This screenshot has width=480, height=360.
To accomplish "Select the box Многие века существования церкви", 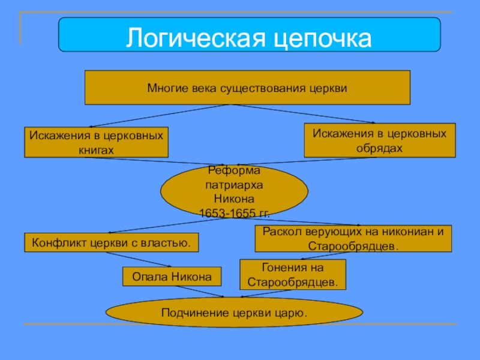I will click(247, 88).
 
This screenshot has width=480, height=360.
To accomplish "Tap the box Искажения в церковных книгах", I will click(96, 142).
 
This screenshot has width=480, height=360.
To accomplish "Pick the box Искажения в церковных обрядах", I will click(379, 140).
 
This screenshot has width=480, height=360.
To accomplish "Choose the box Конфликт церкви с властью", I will click(111, 242).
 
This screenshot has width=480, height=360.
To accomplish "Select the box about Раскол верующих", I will click(353, 239).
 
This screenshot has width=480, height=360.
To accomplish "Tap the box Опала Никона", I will click(172, 277).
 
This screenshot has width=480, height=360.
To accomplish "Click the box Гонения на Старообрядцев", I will click(293, 274).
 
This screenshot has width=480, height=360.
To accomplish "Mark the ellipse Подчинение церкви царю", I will click(234, 313).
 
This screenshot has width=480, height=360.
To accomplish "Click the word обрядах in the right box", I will click(379, 147).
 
